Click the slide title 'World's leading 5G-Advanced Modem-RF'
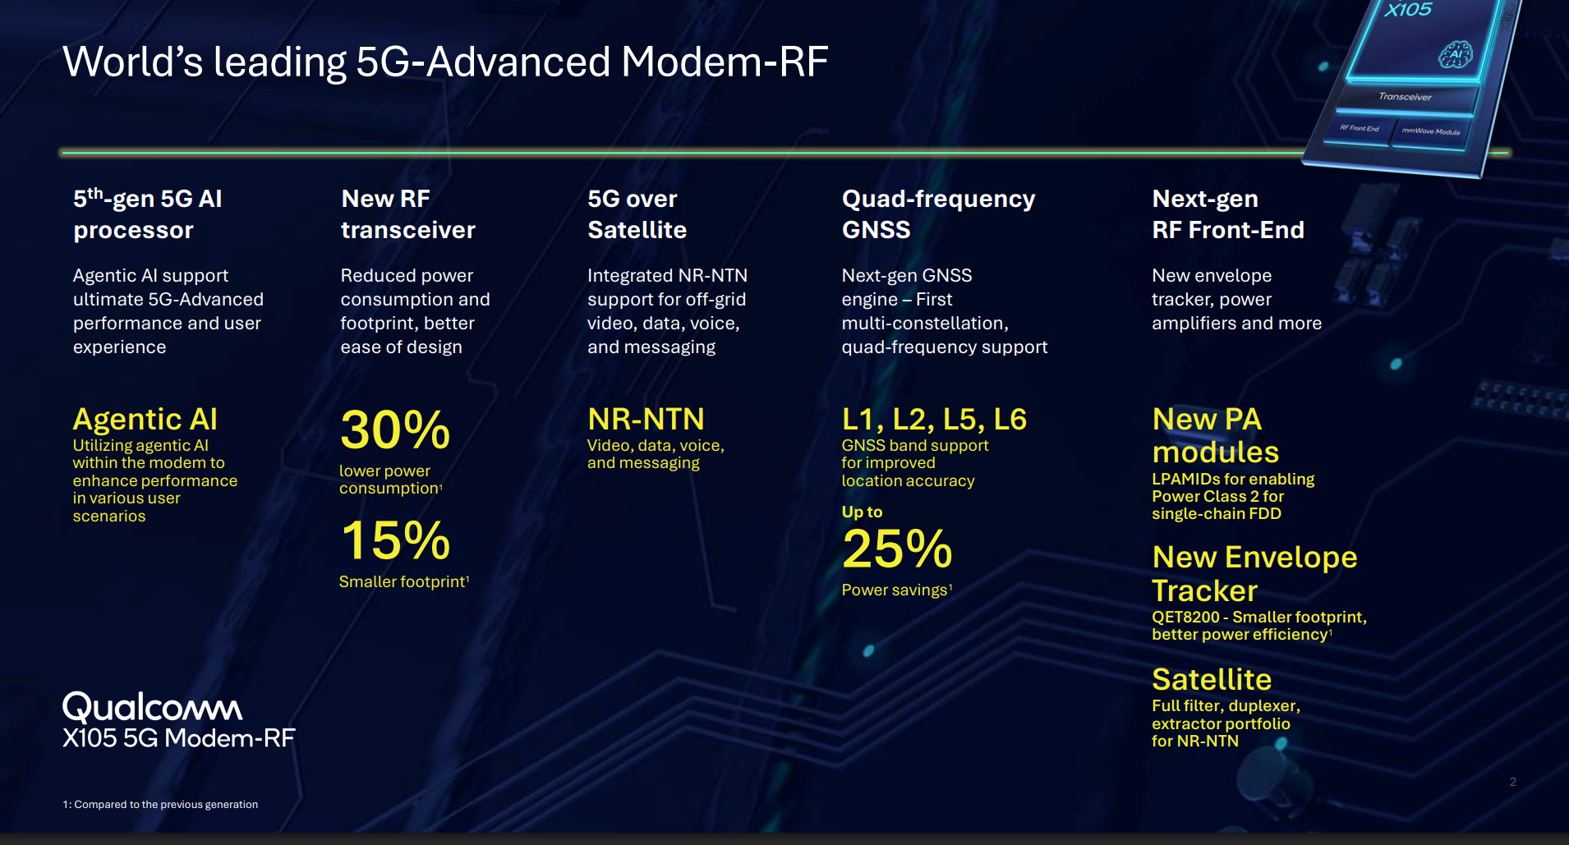pos(445,62)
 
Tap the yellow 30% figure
pos(395,429)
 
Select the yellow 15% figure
pos(396,540)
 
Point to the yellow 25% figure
pos(897,549)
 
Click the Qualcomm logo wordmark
pos(153,707)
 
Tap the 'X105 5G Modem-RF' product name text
pos(179,738)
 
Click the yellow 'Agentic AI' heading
pos(145,420)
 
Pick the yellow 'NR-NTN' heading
pos(646,420)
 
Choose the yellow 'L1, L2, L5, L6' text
pos(935,420)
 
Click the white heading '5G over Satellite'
pos(637,214)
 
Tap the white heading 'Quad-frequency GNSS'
pos(939,214)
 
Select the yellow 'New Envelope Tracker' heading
pos(1254,574)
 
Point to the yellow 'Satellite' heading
pos(1212,680)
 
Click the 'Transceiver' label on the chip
pos(1405,97)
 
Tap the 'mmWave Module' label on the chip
pos(1431,131)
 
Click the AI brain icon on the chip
pos(1456,54)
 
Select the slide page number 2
pos(1513,782)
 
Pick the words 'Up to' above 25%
pos(862,512)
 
